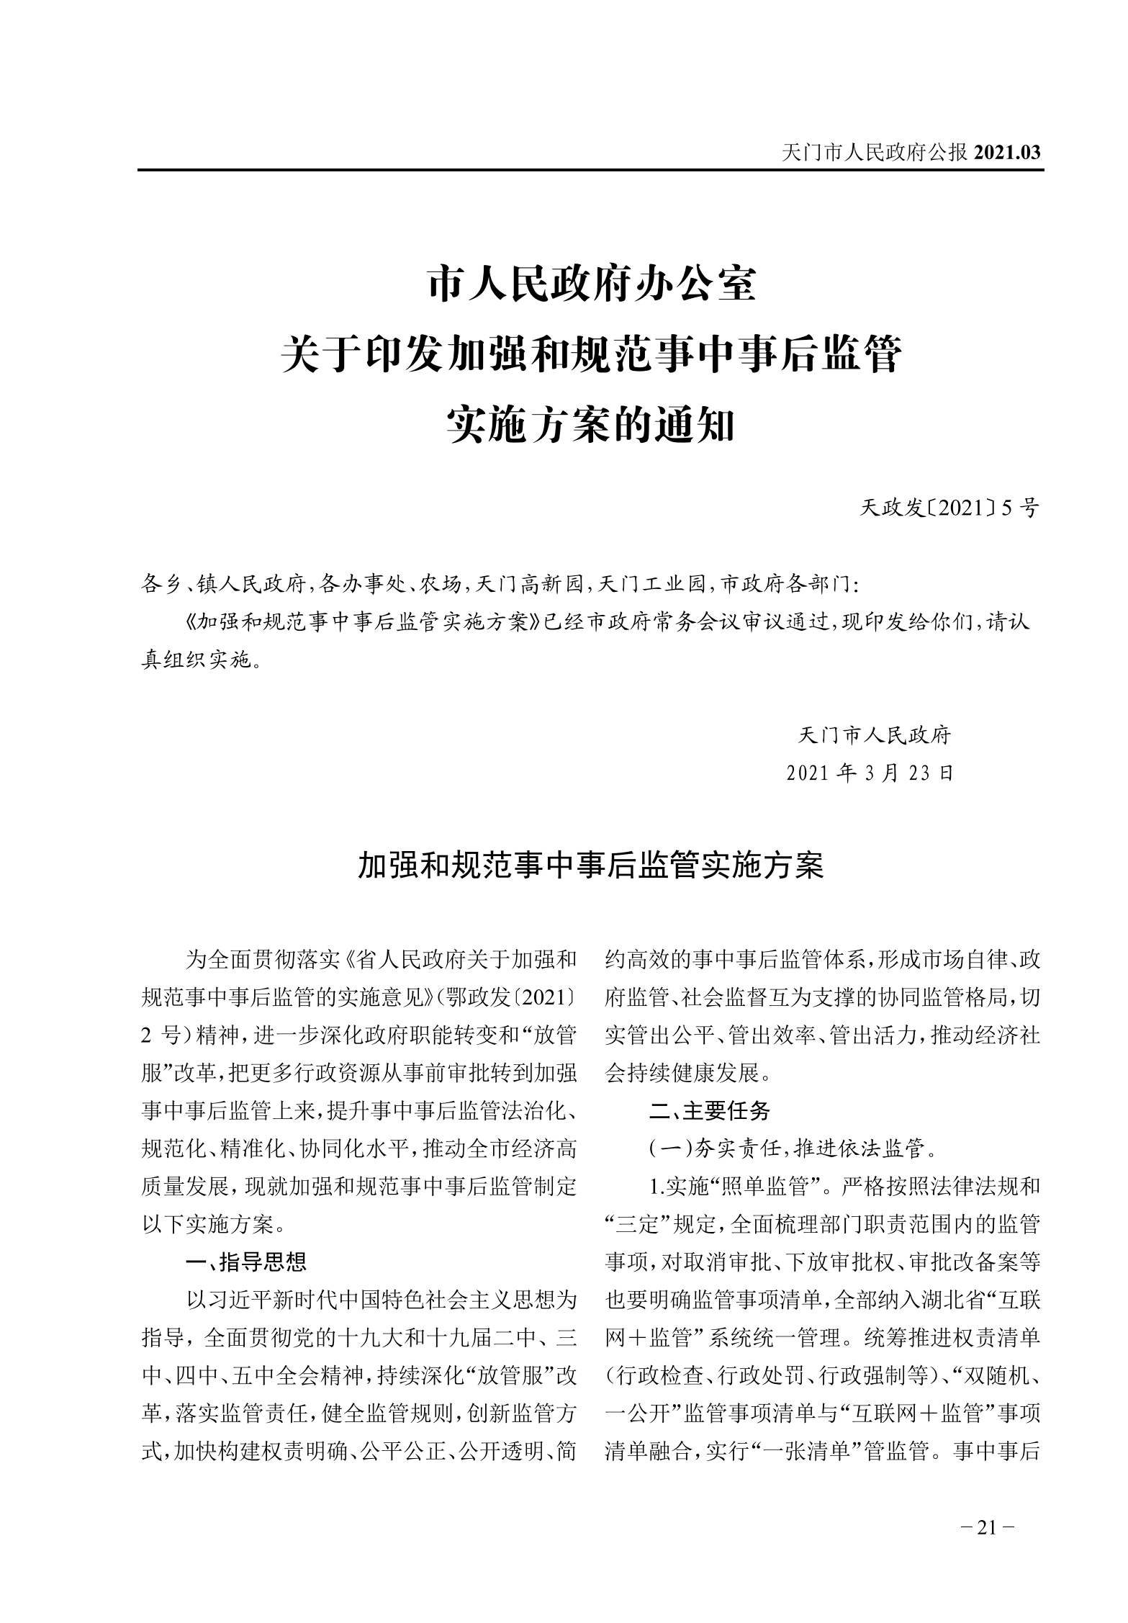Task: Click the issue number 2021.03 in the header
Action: [1006, 153]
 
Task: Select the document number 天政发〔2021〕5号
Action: [949, 508]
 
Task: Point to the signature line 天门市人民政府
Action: [875, 735]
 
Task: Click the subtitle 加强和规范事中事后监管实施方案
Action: [591, 867]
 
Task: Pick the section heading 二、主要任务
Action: [709, 1111]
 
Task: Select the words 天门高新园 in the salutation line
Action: [528, 585]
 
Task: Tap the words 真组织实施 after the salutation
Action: [195, 660]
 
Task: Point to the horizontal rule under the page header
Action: [591, 171]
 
